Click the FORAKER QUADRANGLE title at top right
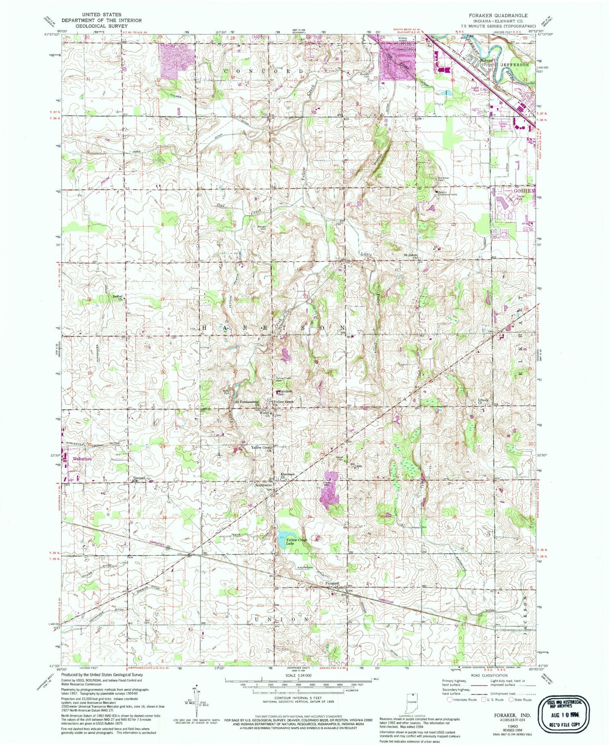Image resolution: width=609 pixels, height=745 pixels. [498, 15]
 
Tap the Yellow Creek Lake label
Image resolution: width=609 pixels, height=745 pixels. [296, 541]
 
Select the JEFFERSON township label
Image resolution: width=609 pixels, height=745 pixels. [515, 65]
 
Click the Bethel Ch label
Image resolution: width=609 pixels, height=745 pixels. [117, 298]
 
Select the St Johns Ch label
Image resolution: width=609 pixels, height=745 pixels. [410, 256]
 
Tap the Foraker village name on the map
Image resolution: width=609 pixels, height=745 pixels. [332, 583]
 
